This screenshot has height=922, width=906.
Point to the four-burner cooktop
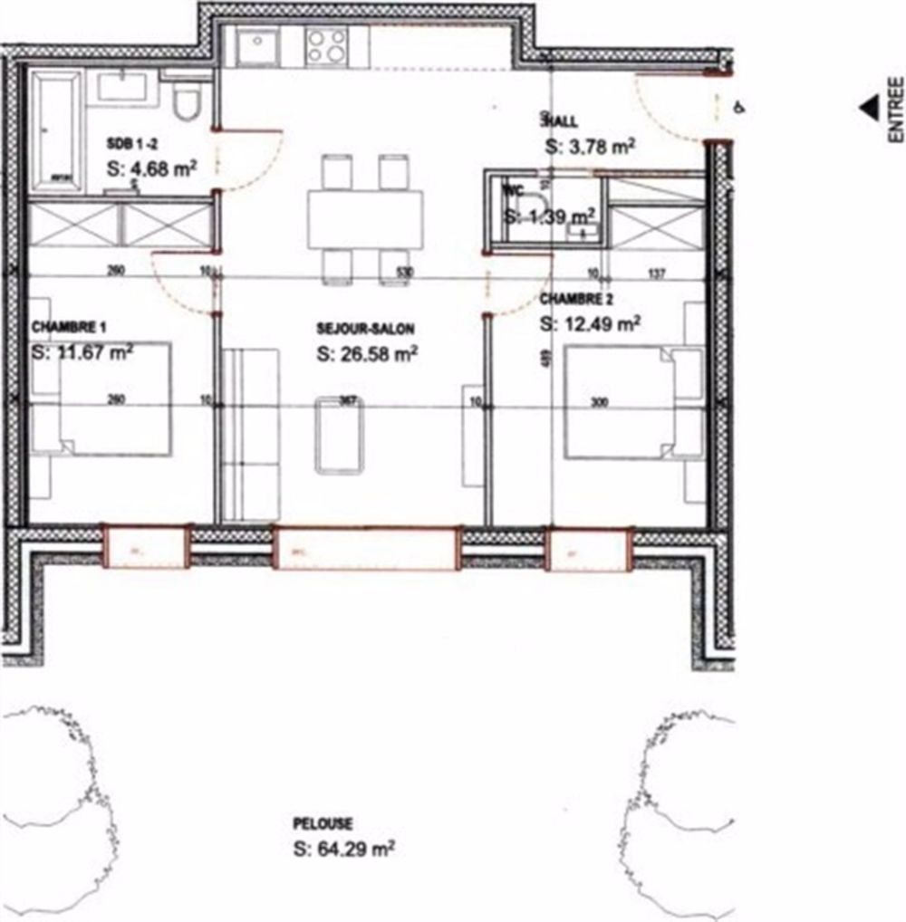(x=326, y=45)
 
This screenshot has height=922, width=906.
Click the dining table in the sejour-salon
(x=364, y=218)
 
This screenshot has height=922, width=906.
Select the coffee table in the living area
(x=340, y=435)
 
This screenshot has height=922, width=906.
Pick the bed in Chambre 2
(x=625, y=402)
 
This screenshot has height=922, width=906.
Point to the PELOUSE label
(x=323, y=824)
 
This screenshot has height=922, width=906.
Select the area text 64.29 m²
(x=344, y=850)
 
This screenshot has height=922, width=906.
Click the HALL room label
(x=559, y=120)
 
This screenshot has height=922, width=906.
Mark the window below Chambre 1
(x=145, y=548)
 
